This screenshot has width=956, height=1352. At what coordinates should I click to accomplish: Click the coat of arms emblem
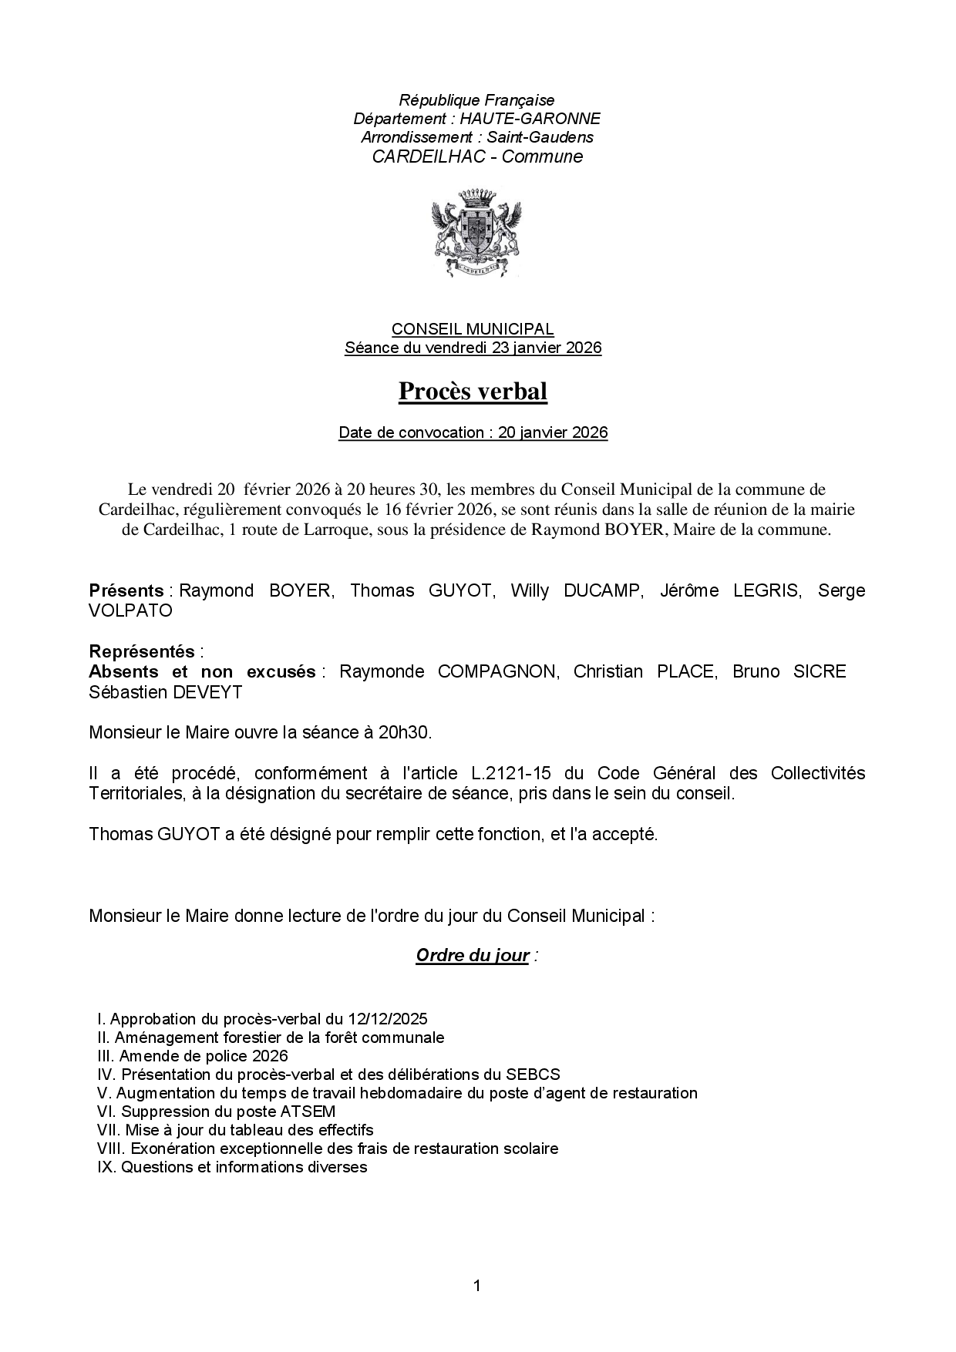(x=476, y=232)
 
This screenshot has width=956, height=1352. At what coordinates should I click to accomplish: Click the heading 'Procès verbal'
(x=473, y=392)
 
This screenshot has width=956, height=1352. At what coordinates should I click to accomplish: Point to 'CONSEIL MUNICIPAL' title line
(x=472, y=329)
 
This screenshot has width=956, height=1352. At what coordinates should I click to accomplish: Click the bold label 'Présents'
(x=126, y=590)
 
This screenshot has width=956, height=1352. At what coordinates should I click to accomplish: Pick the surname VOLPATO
(x=130, y=610)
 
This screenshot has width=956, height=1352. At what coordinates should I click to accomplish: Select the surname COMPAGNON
(x=497, y=671)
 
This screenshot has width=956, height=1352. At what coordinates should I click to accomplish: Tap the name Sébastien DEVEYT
(x=166, y=692)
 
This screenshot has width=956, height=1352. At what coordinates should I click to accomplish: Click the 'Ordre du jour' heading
(x=473, y=956)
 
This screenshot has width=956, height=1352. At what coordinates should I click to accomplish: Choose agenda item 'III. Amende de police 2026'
(x=192, y=1056)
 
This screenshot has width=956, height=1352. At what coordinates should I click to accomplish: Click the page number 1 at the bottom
(x=477, y=1285)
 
